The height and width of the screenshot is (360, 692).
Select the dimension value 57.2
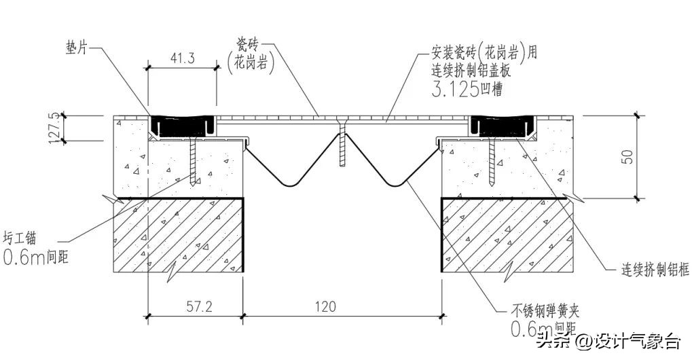pos(196,306)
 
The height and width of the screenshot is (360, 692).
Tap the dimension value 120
pos(324,306)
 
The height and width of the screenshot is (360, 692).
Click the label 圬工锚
pos(23,238)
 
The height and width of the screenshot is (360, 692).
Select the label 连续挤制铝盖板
pos(475,69)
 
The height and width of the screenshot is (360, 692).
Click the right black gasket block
pos(499,125)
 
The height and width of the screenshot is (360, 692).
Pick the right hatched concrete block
pos(509,234)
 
